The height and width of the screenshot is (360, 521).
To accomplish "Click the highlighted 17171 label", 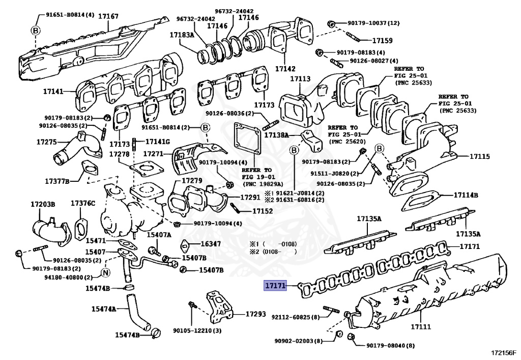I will pos(275,286).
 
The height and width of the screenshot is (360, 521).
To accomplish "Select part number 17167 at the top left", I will pos(108,16).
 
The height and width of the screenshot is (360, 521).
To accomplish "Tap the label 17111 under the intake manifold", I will pos(421,326).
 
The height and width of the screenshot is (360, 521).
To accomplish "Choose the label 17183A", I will pos(182,35).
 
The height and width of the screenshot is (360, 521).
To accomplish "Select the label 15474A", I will pos(104,309).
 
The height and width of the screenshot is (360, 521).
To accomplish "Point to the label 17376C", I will pos(83,204).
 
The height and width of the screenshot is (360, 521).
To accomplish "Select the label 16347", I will pos(211,244).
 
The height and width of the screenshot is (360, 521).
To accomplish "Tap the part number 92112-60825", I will pos(295,317).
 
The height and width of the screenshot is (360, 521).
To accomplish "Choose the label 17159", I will pos(382,40).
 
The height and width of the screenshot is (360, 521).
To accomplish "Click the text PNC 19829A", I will pos(270,183).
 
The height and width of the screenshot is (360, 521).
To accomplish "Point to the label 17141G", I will pos(158,141).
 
